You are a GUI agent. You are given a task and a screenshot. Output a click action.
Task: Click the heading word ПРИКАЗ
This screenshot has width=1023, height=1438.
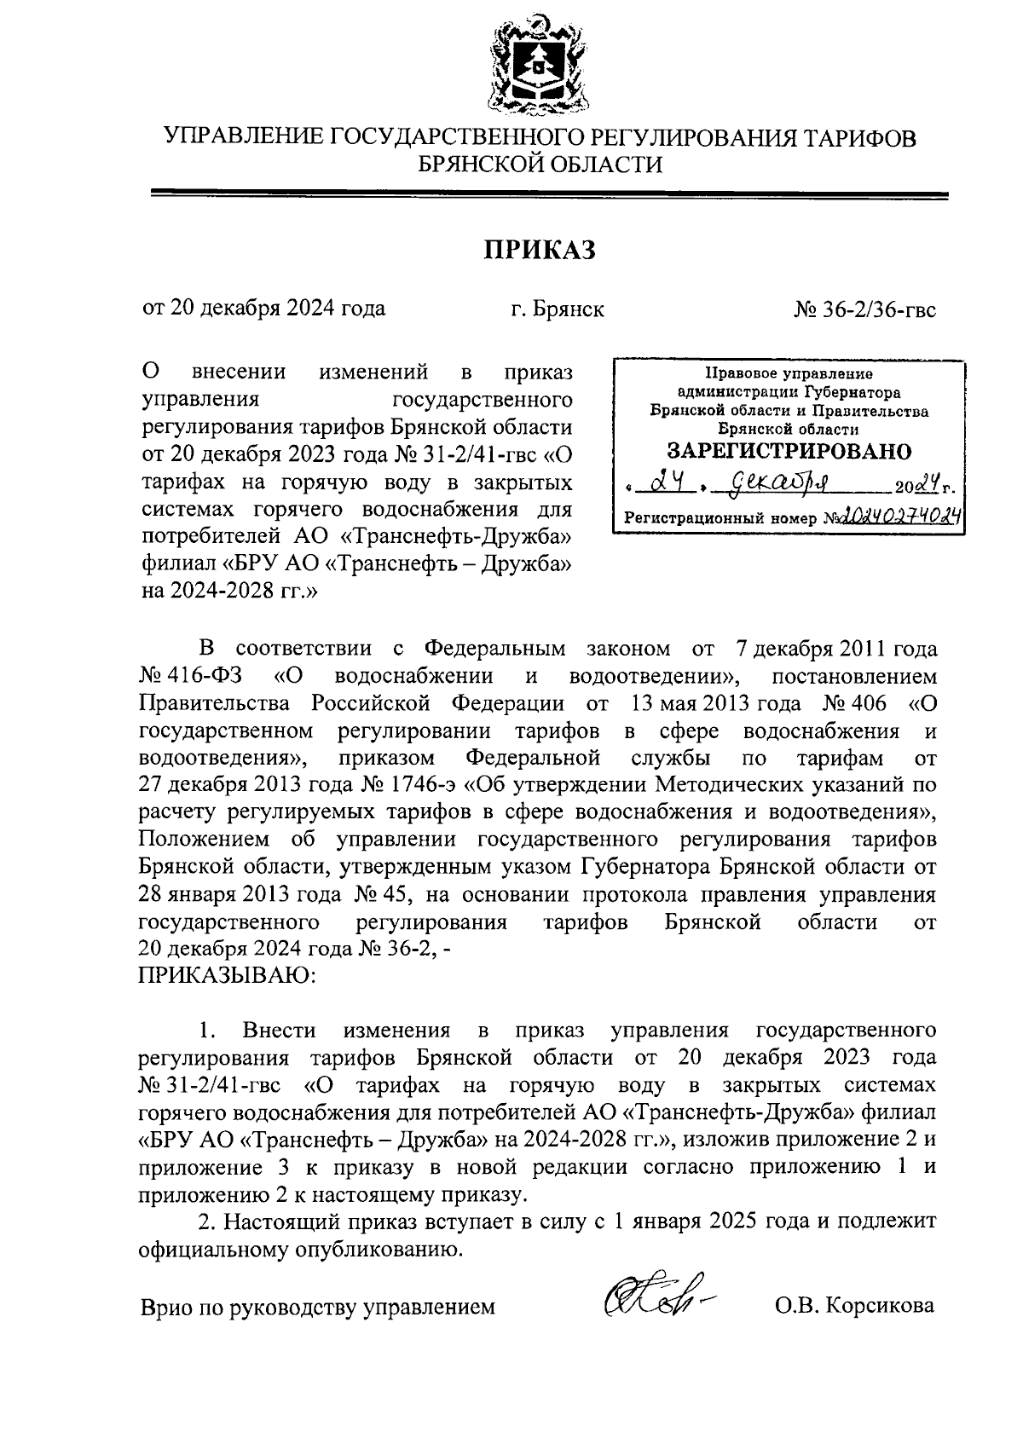[x=539, y=250]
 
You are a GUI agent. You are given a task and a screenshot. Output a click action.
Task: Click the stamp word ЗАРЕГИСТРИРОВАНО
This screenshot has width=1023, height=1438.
[x=789, y=451]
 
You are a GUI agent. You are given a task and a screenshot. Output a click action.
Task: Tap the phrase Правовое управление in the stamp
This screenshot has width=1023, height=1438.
[x=789, y=373]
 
